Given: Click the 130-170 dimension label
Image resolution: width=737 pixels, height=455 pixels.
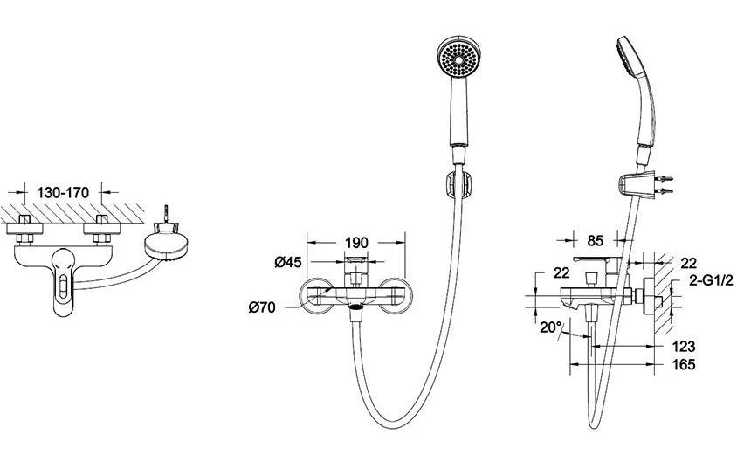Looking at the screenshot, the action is pyautogui.click(x=63, y=193).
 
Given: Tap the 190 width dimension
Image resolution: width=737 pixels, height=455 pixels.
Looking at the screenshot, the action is pyautogui.click(x=357, y=243).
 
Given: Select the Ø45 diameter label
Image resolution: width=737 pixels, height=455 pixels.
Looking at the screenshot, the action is pyautogui.click(x=288, y=262).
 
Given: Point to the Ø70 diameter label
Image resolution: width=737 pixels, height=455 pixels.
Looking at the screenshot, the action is pyautogui.click(x=262, y=307).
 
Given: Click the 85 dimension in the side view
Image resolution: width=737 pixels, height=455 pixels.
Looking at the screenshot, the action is pyautogui.click(x=595, y=241).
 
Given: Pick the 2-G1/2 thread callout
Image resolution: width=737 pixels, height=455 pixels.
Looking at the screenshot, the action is pyautogui.click(x=711, y=280).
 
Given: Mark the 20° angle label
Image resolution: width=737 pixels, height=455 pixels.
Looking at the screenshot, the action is pyautogui.click(x=550, y=327).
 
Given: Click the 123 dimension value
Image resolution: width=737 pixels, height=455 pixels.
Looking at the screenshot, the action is pyautogui.click(x=684, y=347).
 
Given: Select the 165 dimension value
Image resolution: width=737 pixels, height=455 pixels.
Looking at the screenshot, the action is pyautogui.click(x=684, y=364).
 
